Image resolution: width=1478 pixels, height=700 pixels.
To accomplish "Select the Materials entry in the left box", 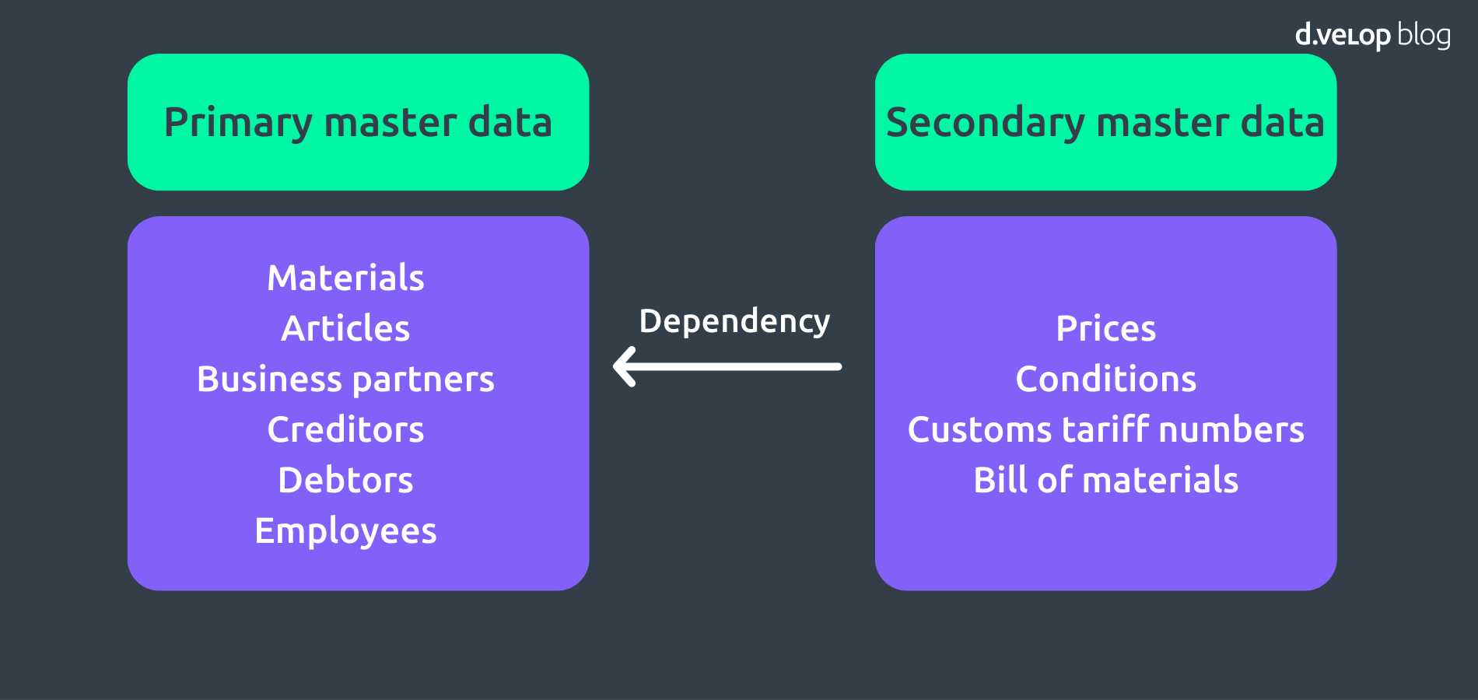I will [345, 278].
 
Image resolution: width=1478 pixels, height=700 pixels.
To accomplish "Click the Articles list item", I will [345, 329].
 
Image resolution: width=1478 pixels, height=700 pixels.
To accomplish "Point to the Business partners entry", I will [345, 380].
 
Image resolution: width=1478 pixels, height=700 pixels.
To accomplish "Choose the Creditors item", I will [345, 430].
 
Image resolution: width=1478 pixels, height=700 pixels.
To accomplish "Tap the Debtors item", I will [345, 481].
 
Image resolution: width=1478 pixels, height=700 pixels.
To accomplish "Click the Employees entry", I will [345, 531].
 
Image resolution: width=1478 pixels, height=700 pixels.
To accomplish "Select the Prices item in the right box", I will [1105, 329].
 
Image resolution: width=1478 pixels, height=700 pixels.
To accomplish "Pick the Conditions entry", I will [1105, 380].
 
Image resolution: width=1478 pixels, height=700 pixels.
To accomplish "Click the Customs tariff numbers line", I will [1105, 430].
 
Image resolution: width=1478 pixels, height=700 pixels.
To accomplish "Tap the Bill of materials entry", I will [1105, 481].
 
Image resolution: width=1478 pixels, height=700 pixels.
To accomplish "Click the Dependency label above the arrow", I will [734, 321].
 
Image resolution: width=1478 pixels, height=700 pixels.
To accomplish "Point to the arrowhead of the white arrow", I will [624, 366].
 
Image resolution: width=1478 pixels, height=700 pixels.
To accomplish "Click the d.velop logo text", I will [1342, 36].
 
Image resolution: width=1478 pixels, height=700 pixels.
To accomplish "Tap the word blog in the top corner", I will [1424, 36].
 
